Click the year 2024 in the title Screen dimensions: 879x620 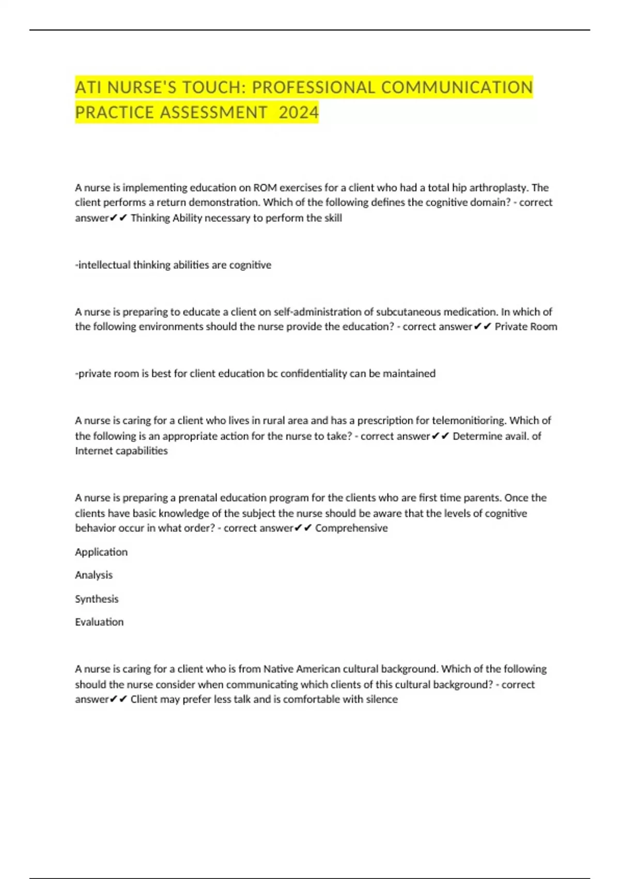299,112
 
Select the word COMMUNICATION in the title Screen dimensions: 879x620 457,87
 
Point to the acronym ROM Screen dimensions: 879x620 265,188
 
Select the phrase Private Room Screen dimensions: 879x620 525,327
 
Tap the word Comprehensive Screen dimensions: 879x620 351,528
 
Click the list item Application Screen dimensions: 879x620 101,552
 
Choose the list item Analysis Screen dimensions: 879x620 94,575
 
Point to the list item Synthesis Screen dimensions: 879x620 97,599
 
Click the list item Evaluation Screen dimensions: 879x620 99,622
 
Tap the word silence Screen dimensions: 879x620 382,700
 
